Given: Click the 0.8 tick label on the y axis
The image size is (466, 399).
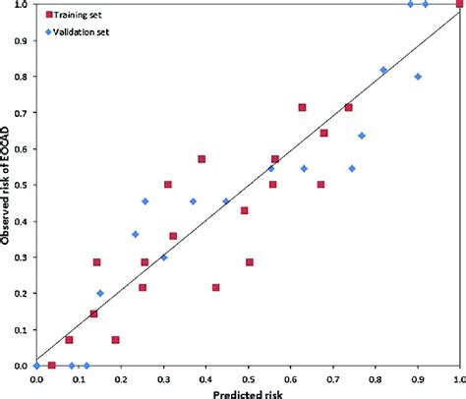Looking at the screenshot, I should point(23,77).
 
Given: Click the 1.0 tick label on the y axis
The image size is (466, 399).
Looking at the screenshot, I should point(23,5).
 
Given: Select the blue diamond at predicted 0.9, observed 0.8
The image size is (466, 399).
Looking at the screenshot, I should point(418,77).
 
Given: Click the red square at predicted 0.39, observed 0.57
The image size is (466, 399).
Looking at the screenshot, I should point(202,159).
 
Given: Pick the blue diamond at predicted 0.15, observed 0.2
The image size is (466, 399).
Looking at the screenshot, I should point(100,294).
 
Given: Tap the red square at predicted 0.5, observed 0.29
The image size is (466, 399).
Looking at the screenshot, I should point(250,262).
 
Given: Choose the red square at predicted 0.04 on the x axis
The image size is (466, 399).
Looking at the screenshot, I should point(52,366).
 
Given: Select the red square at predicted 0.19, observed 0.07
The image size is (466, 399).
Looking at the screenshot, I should point(116,340).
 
